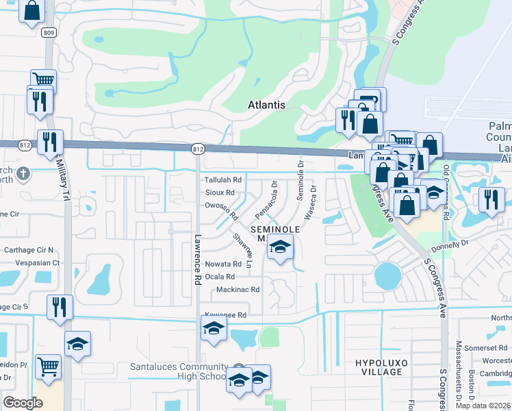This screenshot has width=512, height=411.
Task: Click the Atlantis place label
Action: coord(266,105)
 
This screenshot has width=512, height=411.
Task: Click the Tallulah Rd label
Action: coord(224,179)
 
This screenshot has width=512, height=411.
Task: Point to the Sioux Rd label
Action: coord(220,192)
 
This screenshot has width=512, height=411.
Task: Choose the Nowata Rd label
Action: coord(223,264)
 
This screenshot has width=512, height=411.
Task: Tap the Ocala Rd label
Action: coord(220,277)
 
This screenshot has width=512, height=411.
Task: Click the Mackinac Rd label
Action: coord(238,290)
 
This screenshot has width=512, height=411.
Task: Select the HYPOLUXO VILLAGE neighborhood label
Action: coord(379,366)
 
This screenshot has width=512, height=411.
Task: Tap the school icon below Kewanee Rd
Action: coord(214,329)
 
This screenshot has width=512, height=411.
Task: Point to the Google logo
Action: coord(23,403)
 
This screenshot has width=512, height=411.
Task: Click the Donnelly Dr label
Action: coord(449,243)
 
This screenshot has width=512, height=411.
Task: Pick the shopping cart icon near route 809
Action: coord(42,79)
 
